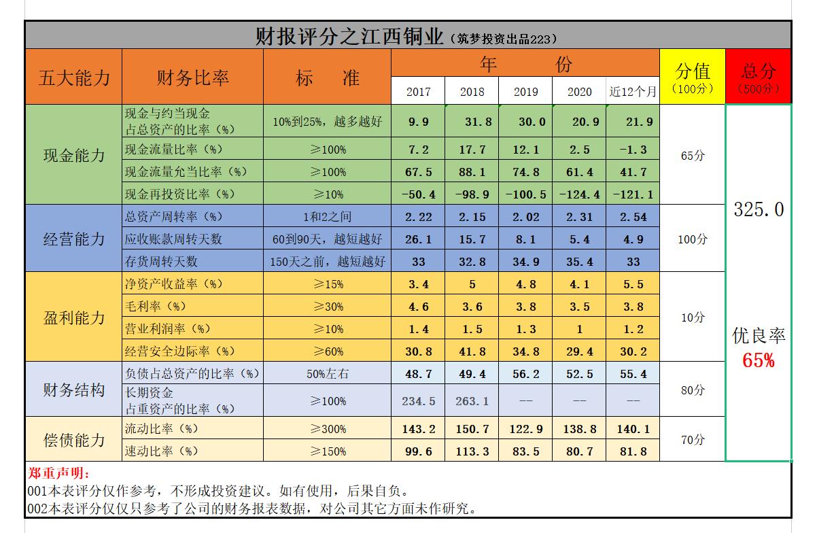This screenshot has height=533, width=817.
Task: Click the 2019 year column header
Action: pyautogui.click(x=525, y=92)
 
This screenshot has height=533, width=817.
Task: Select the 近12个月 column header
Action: pyautogui.click(x=633, y=92)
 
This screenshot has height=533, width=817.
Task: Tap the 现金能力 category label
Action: pyautogui.click(x=74, y=155)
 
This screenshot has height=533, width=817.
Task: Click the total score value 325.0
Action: pyautogui.click(x=759, y=209)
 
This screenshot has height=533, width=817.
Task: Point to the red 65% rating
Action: pyautogui.click(x=759, y=360)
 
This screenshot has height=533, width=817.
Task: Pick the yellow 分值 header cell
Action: pyautogui.click(x=693, y=76)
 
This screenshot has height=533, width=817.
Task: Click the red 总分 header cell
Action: pyautogui.click(x=759, y=76)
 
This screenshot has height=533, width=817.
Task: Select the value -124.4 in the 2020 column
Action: pyautogui.click(x=579, y=194)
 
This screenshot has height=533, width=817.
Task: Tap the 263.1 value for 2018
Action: pyautogui.click(x=472, y=401)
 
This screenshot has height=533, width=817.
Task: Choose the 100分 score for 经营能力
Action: pyautogui.click(x=693, y=239)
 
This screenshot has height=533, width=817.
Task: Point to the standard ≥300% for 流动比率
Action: pyautogui.click(x=328, y=429)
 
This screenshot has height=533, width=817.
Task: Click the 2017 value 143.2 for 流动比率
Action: pyautogui.click(x=418, y=429)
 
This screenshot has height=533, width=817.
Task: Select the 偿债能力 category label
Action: pyautogui.click(x=74, y=440)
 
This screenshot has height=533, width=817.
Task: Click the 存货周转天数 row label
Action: pyautogui.click(x=162, y=262)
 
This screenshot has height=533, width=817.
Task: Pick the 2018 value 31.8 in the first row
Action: pyautogui.click(x=472, y=122)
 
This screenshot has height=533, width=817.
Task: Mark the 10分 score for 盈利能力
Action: pyautogui.click(x=693, y=317)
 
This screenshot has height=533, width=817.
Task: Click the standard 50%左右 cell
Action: pyautogui.click(x=328, y=373)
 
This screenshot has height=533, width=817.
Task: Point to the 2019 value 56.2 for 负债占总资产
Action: pyautogui.click(x=525, y=373)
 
